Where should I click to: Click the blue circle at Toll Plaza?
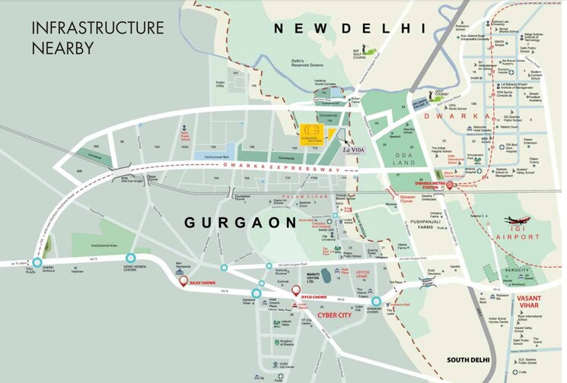pyautogui.click(x=37, y=262)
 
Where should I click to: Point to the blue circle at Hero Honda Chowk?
pyautogui.click(x=132, y=258)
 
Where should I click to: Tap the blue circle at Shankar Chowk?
pyautogui.click(x=376, y=302)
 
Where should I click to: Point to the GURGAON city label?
pyautogui.click(x=240, y=223)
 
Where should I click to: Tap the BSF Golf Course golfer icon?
pyautogui.click(x=363, y=49)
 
